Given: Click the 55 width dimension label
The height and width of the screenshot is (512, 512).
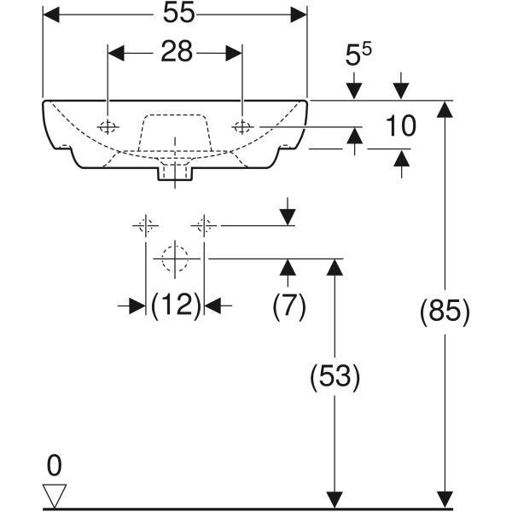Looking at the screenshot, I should (x=175, y=15).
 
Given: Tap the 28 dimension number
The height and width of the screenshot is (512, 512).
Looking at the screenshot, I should (x=175, y=53).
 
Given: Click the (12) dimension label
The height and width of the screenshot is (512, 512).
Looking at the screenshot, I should (x=176, y=305).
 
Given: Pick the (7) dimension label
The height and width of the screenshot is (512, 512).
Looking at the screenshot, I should (x=288, y=305).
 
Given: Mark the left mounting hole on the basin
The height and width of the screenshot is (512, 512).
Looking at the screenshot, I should (x=108, y=127).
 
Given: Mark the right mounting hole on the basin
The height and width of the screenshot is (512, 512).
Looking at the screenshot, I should (x=243, y=127).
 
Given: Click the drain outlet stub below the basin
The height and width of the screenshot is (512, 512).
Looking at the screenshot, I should (x=175, y=175).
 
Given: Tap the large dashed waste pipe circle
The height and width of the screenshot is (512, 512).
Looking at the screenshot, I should (x=175, y=258).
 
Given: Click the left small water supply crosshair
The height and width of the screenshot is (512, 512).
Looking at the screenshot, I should (x=145, y=225).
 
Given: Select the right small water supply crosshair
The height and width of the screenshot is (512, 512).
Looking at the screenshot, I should (x=204, y=225).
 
